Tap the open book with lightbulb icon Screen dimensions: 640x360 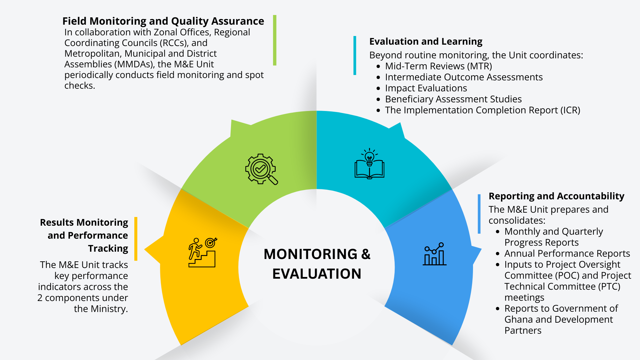pos(369,164)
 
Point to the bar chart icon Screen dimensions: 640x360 pos(434,254)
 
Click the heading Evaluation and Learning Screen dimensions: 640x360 pos(426,41)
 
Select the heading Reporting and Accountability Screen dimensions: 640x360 pos(556,196)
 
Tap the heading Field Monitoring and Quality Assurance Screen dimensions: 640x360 pos(163,21)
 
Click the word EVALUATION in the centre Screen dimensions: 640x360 pos(317,274)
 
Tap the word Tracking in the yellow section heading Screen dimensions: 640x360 pos(108,249)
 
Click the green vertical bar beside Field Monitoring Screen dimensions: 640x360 pos(275,40)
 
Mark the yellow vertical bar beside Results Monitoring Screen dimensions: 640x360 pos(136,239)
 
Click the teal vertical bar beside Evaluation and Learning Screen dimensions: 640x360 pos(355,55)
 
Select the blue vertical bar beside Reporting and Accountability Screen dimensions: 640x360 pos(479,214)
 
